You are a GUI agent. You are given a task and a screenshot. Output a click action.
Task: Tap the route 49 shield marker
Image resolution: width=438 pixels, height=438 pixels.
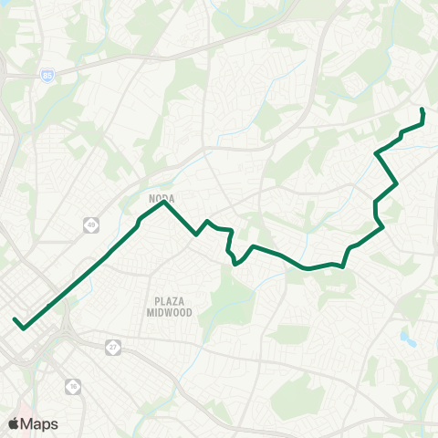(x=90, y=224)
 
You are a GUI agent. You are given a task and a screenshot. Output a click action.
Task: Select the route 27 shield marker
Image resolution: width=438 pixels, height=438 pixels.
(x=112, y=347)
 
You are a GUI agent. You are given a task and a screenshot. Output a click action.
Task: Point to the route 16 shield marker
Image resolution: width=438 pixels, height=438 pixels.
(x=72, y=387)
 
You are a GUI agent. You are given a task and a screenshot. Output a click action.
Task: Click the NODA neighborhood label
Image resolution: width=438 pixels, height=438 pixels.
(x=161, y=196)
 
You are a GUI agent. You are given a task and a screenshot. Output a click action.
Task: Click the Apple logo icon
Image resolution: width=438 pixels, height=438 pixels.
(x=13, y=423)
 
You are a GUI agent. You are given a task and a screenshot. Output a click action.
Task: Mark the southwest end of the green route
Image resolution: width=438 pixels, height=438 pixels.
(x=16, y=319)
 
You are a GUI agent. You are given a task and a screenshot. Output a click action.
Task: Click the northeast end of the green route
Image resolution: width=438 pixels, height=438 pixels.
(x=422, y=109)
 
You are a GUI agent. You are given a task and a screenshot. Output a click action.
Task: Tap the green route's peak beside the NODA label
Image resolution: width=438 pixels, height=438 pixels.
(x=163, y=203)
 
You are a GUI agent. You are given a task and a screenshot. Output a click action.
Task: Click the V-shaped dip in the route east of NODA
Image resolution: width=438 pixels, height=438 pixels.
(x=196, y=235)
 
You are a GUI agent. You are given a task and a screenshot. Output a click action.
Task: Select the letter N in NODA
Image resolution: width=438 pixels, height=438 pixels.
(x=150, y=196)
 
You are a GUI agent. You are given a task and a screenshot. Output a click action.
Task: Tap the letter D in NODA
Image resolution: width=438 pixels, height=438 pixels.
(x=164, y=196)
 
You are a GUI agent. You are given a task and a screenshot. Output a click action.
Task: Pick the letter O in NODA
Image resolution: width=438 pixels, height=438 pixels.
(x=157, y=196)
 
